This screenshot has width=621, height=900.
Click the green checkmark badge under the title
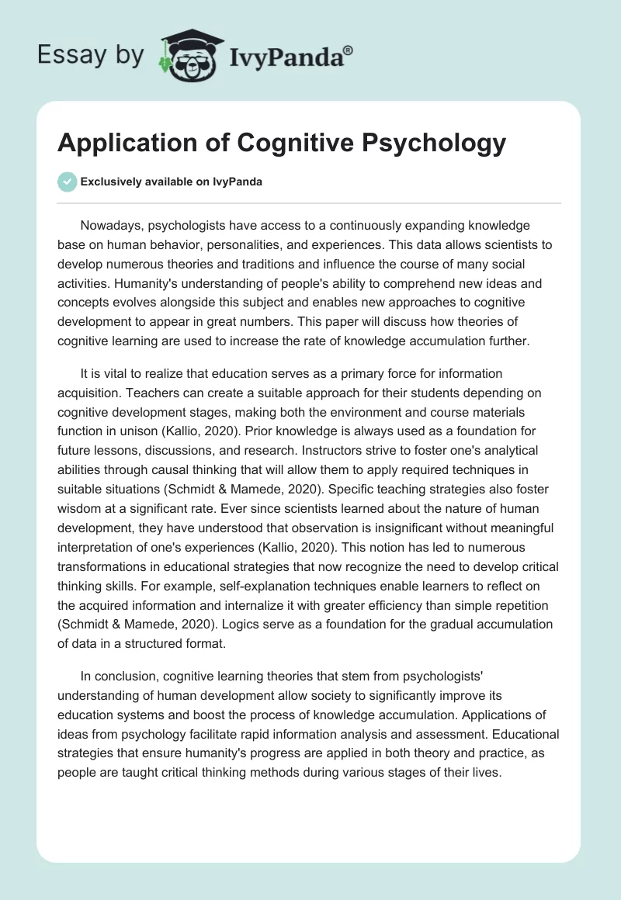click(67, 182)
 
